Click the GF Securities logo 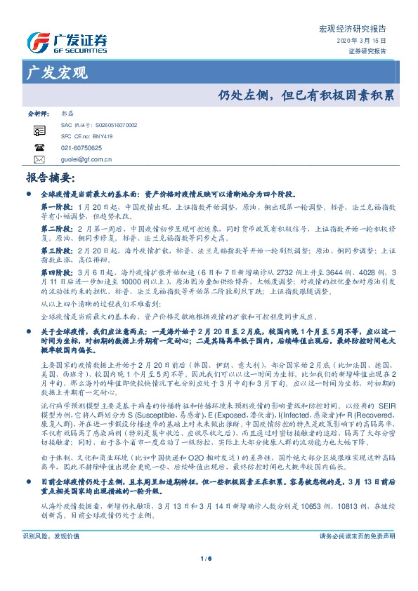coord(67,42)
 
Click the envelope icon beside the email coord(39,159)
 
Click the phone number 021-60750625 coord(81,148)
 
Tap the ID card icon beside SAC coord(39,130)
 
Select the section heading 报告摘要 coord(50,178)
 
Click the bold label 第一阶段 coord(56,208)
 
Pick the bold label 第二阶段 coord(56,229)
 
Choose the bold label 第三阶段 coord(56,250)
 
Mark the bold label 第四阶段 coord(56,272)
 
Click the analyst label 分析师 coord(37,112)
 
